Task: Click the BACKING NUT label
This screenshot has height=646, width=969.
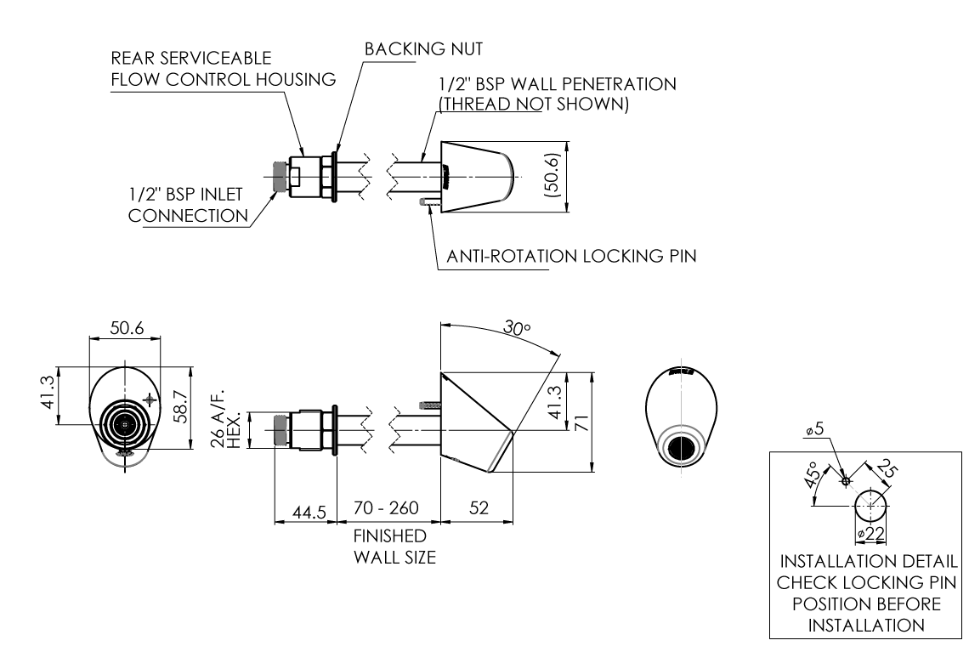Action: click(423, 50)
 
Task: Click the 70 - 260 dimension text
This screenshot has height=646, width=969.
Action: click(387, 509)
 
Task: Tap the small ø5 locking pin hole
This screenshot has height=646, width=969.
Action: click(845, 481)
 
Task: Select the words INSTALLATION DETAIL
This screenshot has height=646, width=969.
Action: click(866, 562)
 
